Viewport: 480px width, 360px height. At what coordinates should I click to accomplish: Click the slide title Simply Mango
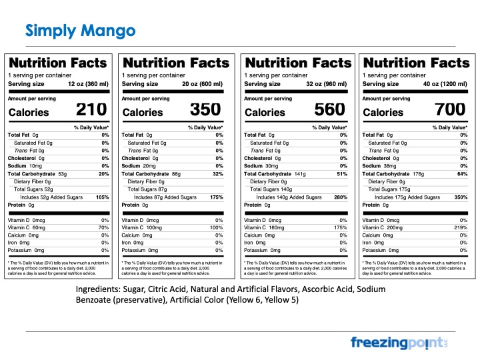click(x=80, y=31)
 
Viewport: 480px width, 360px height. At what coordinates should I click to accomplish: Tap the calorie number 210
click(x=91, y=111)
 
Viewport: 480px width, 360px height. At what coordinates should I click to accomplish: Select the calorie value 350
click(x=205, y=111)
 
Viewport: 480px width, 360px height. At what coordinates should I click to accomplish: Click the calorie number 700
click(x=451, y=111)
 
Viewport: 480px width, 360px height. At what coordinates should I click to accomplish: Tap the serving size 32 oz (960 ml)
click(x=325, y=84)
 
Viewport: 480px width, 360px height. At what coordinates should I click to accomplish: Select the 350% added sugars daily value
click(x=459, y=197)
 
